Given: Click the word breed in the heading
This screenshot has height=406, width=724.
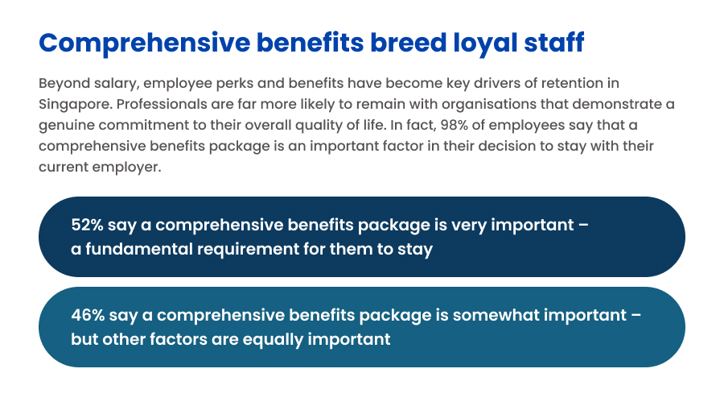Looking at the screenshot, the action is (x=408, y=43).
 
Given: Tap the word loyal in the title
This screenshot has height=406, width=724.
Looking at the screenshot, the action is (x=485, y=44).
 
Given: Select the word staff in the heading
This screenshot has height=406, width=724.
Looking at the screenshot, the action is (x=554, y=43).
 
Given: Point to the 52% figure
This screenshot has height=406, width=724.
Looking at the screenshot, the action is (x=87, y=225).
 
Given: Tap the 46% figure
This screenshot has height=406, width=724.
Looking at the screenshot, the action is (x=88, y=315).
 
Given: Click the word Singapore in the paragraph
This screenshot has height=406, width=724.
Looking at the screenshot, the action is (x=76, y=105).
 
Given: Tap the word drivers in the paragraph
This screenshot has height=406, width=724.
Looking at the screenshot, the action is (x=495, y=83).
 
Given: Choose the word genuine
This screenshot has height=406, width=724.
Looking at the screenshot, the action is (x=67, y=126).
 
